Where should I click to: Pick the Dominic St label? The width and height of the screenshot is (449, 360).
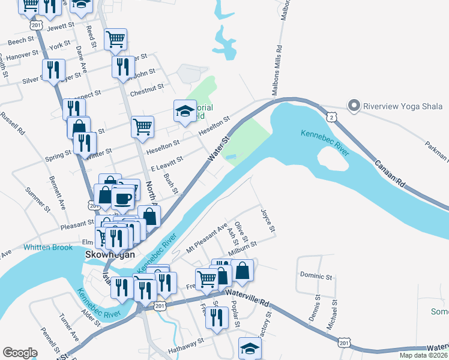[317, 277]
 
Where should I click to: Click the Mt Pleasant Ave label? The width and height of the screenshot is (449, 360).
[206, 237]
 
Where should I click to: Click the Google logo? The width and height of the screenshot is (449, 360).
[20, 353]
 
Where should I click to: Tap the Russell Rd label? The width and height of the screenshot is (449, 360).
[13, 122]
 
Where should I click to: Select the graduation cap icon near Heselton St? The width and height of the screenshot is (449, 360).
[185, 110]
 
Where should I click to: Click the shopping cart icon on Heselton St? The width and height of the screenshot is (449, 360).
[143, 126]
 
